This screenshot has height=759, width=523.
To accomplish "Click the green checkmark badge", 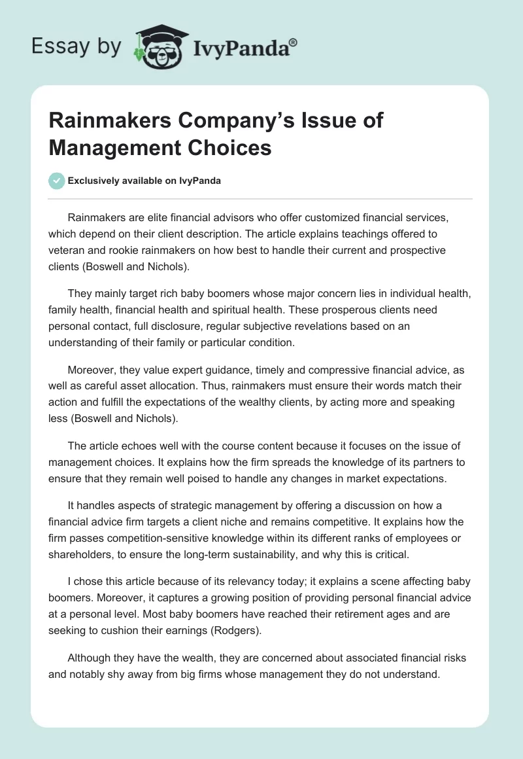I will (57, 181).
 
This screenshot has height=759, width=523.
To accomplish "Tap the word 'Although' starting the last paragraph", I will (91, 658).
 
